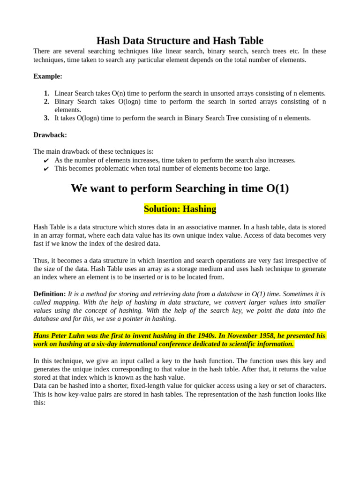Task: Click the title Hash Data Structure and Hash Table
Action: (x=180, y=41)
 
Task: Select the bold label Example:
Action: (x=48, y=76)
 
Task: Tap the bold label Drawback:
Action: (x=50, y=135)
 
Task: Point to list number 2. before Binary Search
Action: (x=46, y=102)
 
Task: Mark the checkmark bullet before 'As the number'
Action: (x=46, y=161)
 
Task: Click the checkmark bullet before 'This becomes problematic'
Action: (x=46, y=169)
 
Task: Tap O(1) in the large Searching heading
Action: (x=277, y=188)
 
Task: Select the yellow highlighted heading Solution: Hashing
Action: (x=180, y=209)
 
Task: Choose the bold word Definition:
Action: (x=49, y=294)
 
